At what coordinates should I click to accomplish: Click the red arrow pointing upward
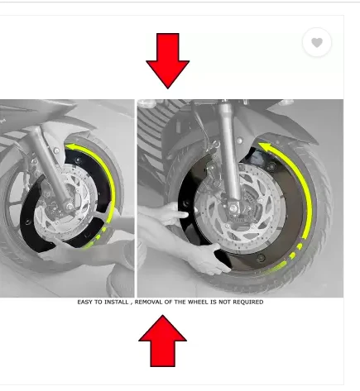[162, 341]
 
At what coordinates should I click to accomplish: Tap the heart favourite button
[317, 42]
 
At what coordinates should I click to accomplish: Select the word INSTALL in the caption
[117, 302]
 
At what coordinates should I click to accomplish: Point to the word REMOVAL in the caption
[149, 302]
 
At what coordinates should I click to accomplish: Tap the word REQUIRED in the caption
[248, 302]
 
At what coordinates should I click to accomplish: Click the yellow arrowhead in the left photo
[70, 147]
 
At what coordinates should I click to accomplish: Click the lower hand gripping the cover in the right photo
[209, 259]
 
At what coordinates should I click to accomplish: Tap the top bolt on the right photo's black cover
[271, 166]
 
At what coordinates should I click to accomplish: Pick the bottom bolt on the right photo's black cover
[261, 258]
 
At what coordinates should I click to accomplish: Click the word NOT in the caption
[225, 302]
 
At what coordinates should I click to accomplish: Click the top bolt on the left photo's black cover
[78, 160]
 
